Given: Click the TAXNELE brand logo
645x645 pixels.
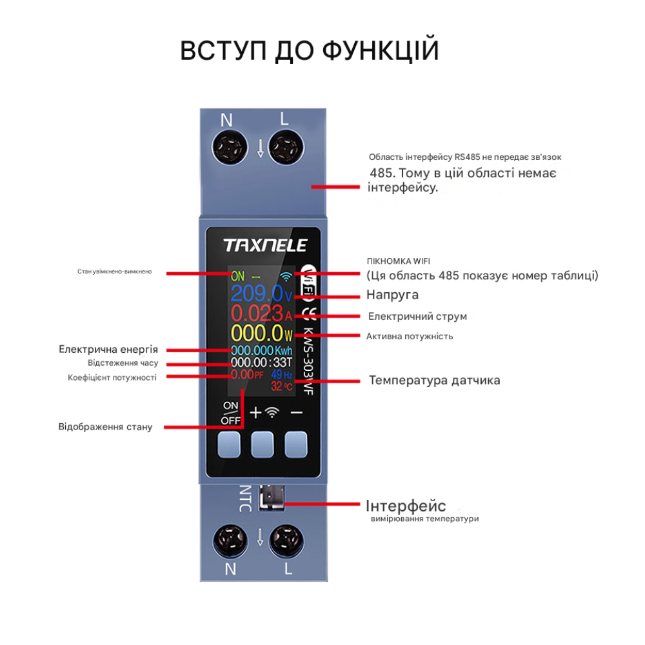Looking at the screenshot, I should click(x=265, y=245).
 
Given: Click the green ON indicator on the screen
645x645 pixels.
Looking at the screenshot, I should click(x=237, y=276).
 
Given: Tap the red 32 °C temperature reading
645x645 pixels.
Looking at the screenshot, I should click(x=281, y=386).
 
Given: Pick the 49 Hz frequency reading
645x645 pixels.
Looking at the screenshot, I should click(x=281, y=375).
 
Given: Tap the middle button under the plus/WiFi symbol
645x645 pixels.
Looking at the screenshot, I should click(x=262, y=444).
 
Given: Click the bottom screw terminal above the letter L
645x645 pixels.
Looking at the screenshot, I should click(x=284, y=540).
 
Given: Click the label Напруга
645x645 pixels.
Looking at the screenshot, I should click(x=392, y=295).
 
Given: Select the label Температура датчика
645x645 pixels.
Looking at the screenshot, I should click(x=434, y=380).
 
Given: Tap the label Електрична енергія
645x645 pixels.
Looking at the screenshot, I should click(x=108, y=349).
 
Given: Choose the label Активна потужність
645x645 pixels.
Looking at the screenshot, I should click(x=410, y=336).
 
